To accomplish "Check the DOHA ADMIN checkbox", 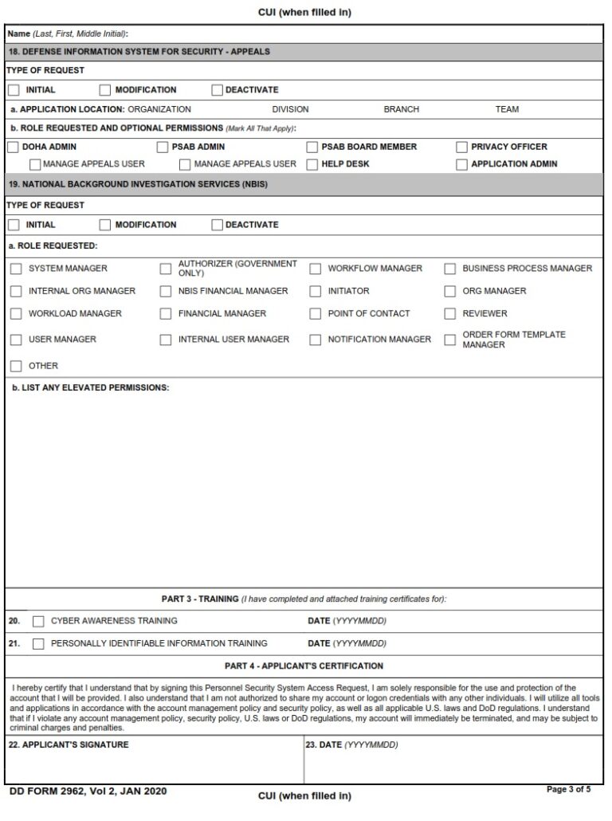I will point(14,147).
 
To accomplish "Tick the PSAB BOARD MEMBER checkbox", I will point(313,147).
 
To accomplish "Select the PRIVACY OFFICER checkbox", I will point(462,147).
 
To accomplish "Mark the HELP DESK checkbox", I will point(313,164).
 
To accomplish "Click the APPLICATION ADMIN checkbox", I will point(462,164).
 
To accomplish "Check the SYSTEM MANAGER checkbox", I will point(16,269).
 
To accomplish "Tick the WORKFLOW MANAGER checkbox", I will point(315,269).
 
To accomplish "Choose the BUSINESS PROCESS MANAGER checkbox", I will point(450,269).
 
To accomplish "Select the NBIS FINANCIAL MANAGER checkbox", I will point(166,291).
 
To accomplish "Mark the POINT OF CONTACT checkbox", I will point(315,313).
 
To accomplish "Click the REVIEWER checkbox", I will point(450,313).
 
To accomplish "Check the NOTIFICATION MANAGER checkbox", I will point(315,340).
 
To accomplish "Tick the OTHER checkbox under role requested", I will point(16,366).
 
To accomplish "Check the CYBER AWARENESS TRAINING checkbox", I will point(38,621).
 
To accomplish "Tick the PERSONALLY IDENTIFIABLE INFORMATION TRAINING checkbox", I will point(38,643).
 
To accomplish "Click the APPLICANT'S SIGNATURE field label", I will point(69,744).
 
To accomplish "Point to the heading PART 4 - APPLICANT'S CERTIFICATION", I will point(304,666).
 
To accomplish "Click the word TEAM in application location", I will point(507,109).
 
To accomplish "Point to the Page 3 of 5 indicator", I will point(570,789).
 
